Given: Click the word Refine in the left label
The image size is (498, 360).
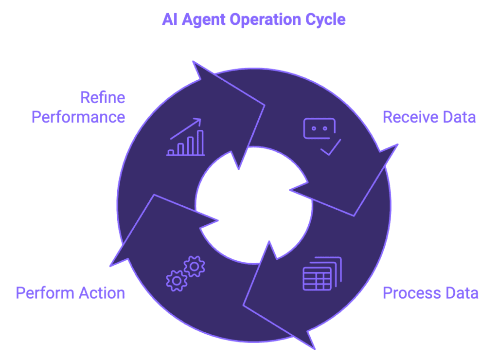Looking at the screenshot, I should coord(103,97).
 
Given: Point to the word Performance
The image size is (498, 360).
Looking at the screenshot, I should coord(78,117).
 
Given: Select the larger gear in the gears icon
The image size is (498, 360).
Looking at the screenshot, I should coord(177,281).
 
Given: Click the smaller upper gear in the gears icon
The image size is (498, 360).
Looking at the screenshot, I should coord(195,266).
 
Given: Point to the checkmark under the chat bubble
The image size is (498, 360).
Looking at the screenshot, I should coord(331,148).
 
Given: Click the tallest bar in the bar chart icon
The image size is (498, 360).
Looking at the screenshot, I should coord(199,142).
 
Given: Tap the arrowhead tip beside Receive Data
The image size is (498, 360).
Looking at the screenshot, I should coord(396,145).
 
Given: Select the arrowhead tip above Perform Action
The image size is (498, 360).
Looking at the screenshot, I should coord(112,265).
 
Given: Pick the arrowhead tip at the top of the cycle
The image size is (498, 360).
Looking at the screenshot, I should coord(194,62).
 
